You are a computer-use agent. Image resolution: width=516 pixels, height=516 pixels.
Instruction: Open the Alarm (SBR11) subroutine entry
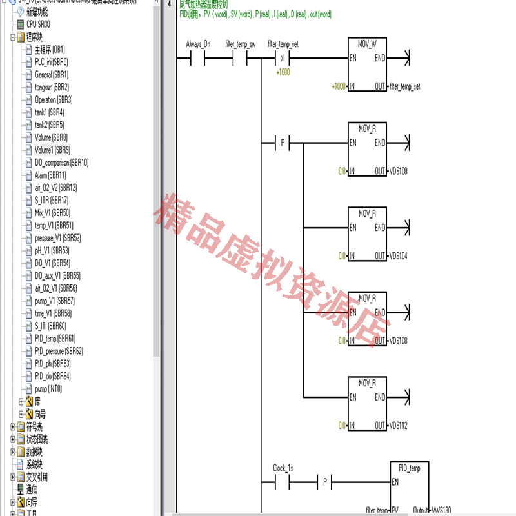pos(50,175)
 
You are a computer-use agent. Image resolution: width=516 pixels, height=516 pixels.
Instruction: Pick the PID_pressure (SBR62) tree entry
pos(59,351)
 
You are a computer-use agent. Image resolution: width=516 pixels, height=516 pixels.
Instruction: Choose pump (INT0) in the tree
pos(48,389)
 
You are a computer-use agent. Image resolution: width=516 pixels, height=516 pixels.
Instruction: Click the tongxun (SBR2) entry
pos(52,87)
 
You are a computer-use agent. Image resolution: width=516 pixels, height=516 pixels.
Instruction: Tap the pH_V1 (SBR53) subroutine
pos(52,250)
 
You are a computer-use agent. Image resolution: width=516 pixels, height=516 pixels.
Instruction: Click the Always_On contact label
pos(198,45)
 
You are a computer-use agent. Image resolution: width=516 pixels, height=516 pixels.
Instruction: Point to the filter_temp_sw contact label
pos(241,45)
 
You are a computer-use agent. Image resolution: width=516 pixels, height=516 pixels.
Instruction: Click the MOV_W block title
pos(367,45)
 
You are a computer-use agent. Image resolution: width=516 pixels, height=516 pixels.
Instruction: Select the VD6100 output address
pos(399,172)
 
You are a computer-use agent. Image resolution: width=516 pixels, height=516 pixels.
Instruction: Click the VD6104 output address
pos(399,256)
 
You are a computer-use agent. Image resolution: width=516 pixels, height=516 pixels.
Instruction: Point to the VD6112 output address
pos(399,426)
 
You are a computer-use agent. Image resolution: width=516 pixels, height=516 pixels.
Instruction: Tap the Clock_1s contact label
pos(283,468)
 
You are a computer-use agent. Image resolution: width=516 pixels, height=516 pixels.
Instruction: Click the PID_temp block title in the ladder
pos(410,468)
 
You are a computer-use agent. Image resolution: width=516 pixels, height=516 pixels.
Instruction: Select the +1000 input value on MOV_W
pos(339,86)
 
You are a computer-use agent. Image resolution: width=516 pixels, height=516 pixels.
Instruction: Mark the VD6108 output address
pos(399,341)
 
